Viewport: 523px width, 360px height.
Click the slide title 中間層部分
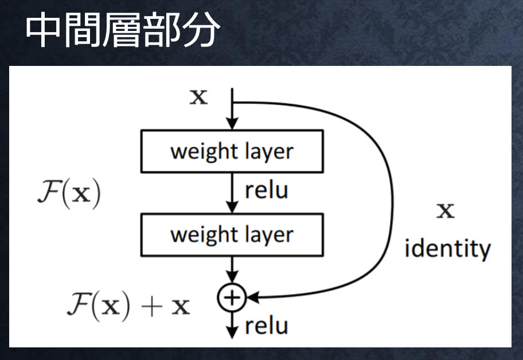click(x=123, y=30)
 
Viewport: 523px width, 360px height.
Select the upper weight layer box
click(x=232, y=151)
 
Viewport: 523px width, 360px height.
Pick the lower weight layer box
click(x=232, y=234)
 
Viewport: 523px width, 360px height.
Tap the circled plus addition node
click(x=232, y=298)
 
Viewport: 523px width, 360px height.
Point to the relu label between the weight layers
click(x=267, y=190)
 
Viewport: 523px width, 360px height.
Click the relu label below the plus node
click(x=267, y=326)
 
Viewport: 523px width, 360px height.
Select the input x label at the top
click(x=199, y=97)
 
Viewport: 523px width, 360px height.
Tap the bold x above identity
click(x=446, y=210)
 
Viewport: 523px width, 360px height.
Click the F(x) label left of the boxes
click(x=69, y=193)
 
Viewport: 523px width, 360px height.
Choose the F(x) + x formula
click(x=128, y=306)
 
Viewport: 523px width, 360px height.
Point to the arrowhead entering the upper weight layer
click(x=232, y=124)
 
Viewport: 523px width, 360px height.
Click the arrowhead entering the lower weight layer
click(x=232, y=208)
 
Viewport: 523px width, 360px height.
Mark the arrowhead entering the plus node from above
click(x=232, y=277)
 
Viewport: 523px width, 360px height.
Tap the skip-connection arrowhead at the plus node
click(x=253, y=298)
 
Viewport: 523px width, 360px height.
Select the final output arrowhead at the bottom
click(x=232, y=333)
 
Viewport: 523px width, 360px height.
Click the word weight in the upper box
click(x=204, y=152)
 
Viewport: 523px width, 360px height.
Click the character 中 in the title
click(x=42, y=30)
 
